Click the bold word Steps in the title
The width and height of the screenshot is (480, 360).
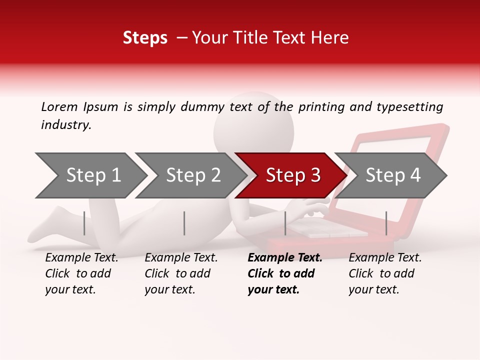coord(145,38)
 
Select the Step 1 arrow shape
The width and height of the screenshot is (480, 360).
coord(90,175)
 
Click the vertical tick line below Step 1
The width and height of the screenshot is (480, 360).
coord(84,223)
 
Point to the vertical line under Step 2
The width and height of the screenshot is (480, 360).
coord(184,223)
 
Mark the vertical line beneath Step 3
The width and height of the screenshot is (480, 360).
coord(285,223)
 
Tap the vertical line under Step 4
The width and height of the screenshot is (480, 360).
coord(386,223)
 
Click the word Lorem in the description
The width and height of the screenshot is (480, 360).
coord(59,106)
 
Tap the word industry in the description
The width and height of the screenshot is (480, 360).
coord(66,125)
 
